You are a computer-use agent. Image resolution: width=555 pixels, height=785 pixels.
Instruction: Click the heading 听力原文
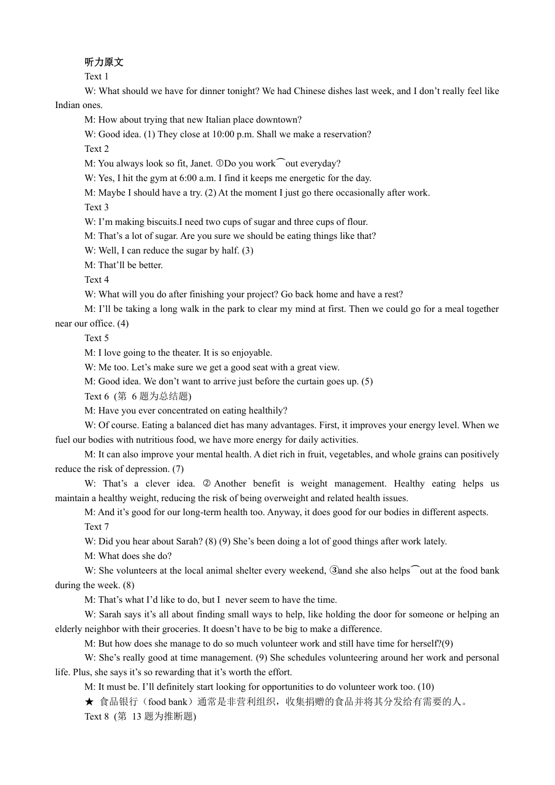point(104,62)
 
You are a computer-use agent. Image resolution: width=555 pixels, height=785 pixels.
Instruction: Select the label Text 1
point(96,77)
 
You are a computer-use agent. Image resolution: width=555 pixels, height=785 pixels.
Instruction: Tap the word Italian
point(218,120)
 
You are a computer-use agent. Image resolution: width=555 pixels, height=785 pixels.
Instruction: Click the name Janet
point(200,164)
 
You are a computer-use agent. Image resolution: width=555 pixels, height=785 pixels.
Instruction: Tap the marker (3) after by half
point(248,251)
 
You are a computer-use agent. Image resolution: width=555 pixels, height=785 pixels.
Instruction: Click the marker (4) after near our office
point(123,324)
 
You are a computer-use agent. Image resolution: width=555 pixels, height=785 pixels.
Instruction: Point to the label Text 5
point(96,338)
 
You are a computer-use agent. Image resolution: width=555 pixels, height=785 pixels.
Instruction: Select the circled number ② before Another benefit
point(206,484)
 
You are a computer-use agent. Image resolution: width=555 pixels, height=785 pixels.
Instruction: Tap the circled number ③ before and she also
point(334,571)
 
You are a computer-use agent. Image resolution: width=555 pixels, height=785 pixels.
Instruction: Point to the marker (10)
point(426,687)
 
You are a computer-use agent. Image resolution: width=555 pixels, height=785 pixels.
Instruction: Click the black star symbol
point(89,701)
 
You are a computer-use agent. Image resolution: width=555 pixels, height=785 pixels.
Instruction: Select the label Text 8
point(96,716)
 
